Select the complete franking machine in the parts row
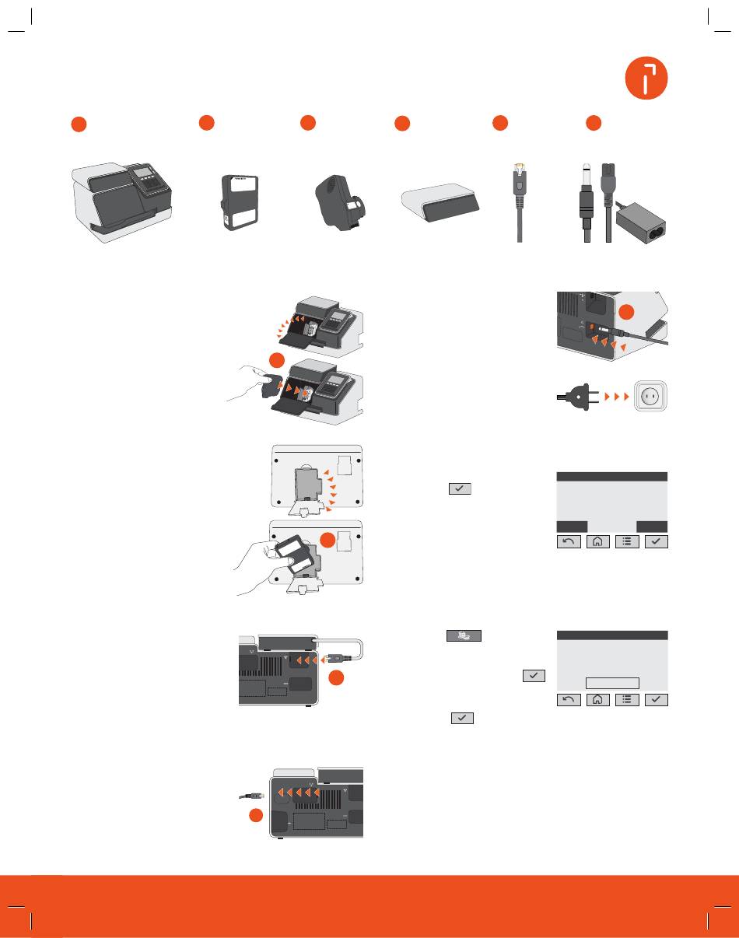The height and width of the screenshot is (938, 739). click(123, 201)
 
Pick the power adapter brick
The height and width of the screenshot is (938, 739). click(643, 222)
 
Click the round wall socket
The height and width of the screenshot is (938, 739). click(653, 397)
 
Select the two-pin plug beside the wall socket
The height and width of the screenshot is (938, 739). click(580, 396)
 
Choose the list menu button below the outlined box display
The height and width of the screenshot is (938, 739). click(627, 699)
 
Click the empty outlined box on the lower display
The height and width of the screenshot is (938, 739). click(612, 683)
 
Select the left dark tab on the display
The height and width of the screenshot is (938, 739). click(573, 526)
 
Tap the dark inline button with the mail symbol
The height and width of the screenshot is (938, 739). click(463, 636)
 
